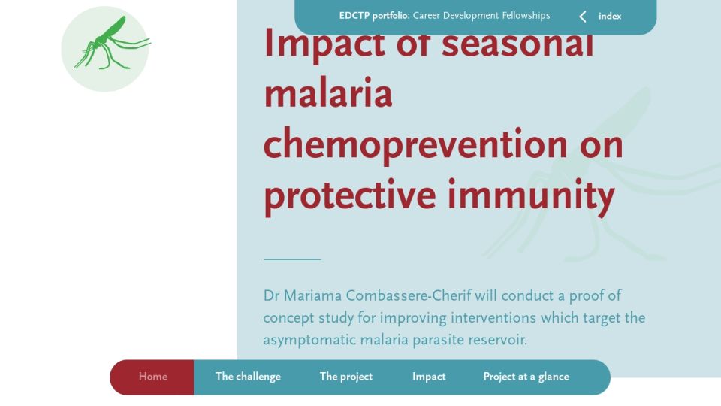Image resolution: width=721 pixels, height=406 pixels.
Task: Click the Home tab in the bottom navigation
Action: point(152,377)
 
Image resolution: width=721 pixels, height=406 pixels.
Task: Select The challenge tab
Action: point(248,377)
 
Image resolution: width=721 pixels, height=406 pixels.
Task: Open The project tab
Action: point(345,377)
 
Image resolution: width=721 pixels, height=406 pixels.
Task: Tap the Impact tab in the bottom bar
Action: point(429,377)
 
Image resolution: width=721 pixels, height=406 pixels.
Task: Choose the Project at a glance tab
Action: point(526,377)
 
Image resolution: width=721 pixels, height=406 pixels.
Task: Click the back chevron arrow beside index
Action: point(583,17)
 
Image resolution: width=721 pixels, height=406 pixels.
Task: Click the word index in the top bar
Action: point(610,16)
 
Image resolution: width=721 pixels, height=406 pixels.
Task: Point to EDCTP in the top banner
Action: point(354,16)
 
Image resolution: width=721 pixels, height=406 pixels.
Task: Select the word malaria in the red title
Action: point(328,93)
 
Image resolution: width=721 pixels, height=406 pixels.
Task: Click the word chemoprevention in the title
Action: point(415,144)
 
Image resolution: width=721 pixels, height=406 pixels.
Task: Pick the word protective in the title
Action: point(349,195)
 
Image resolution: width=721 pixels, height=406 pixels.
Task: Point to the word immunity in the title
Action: point(531,195)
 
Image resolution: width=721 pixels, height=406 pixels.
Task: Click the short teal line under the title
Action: point(292,259)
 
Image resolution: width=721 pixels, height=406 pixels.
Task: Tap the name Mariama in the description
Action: point(312,295)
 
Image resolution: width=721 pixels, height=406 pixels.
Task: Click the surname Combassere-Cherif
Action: point(409,295)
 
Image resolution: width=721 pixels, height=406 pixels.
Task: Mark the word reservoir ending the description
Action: point(497,340)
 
